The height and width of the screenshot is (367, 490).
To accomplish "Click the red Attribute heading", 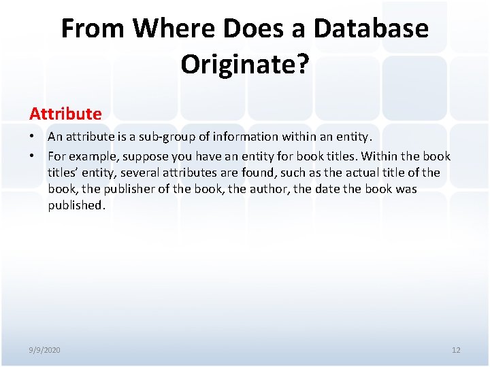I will coord(65,113).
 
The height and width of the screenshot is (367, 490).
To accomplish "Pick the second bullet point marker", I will coord(33,156).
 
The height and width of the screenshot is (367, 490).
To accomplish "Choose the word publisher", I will coord(129,189).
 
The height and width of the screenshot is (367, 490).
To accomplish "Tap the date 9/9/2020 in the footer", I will coord(45,349).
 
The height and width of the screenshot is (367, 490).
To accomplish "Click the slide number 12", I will coord(456,349).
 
